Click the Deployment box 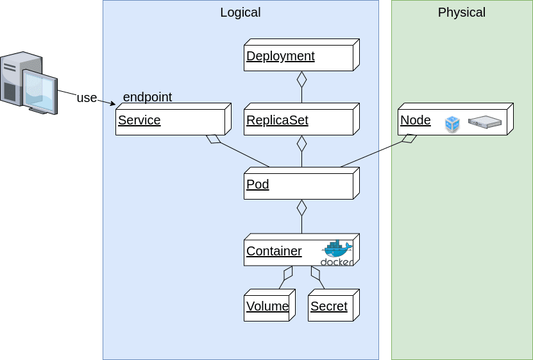(299, 56)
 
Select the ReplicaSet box (299, 120)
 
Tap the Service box (171, 120)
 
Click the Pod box (299, 185)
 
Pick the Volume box (267, 306)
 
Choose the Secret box (331, 306)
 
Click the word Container (274, 251)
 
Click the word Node (416, 120)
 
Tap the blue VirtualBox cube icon (453, 124)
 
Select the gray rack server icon (484, 121)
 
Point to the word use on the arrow (87, 98)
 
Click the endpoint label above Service (147, 97)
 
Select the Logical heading (240, 12)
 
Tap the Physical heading (461, 12)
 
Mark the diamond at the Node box (408, 139)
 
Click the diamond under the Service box (214, 139)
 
